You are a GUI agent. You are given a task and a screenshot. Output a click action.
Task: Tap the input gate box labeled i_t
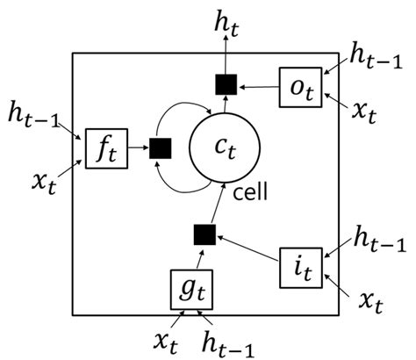[300, 265]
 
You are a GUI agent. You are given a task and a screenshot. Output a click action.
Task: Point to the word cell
[255, 191]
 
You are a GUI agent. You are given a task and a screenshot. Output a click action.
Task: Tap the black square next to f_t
[160, 148]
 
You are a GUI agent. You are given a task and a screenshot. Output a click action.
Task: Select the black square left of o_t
[226, 83]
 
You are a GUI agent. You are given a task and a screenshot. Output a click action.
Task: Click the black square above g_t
[204, 234]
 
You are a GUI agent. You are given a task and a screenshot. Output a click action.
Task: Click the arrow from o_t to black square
[258, 86]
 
